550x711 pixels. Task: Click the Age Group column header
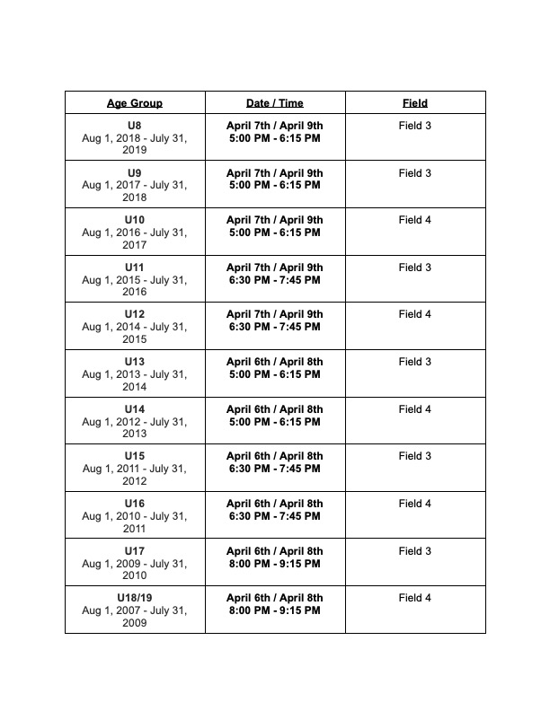(x=135, y=103)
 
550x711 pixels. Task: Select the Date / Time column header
(x=274, y=103)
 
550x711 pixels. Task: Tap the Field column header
(x=415, y=103)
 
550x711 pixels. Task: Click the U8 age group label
(x=135, y=126)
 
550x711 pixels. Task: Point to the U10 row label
(x=135, y=220)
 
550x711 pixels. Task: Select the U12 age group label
(x=135, y=314)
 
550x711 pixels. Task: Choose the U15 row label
(x=135, y=456)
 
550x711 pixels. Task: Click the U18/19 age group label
(x=135, y=598)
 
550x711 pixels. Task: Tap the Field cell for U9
(x=415, y=173)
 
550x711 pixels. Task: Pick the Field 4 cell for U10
(x=415, y=220)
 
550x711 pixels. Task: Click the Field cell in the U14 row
(x=415, y=409)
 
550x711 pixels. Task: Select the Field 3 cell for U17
(x=415, y=551)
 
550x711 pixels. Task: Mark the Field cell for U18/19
(x=415, y=598)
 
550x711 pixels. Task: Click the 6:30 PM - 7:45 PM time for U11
(x=274, y=280)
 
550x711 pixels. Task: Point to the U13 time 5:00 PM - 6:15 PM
(x=274, y=374)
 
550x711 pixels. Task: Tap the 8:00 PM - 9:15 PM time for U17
(x=274, y=564)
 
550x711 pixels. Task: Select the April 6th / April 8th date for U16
(x=274, y=504)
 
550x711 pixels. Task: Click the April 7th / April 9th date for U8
(x=274, y=126)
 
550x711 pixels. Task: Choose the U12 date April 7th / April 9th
(x=274, y=314)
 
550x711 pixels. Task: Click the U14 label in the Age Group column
(x=135, y=409)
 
